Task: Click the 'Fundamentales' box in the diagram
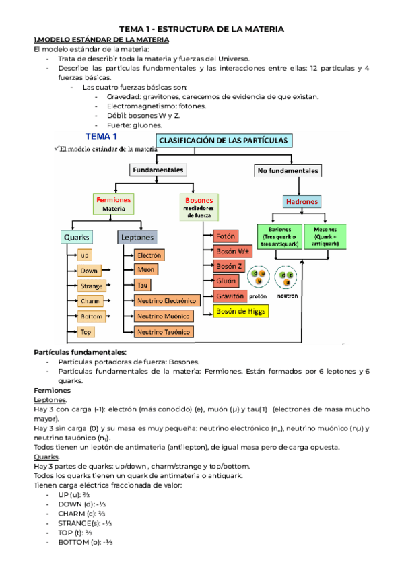coord(158,170)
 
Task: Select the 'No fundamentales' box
coord(288,171)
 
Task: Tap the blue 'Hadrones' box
coord(302,201)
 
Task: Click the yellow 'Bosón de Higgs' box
coord(241,311)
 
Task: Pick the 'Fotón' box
coord(226,236)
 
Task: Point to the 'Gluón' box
coord(226,281)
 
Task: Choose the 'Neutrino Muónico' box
coord(164,316)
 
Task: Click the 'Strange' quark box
coord(92,286)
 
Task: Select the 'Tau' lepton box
coord(143,285)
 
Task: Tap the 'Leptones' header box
coord(137,238)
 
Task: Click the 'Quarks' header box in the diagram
coord(77,238)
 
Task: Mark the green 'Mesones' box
coord(325,237)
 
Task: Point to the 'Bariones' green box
coord(280,237)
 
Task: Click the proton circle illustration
coord(259,277)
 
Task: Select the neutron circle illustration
coord(286,277)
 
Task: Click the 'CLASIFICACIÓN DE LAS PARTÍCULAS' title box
coord(224,141)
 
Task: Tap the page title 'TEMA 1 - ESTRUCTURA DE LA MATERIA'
coord(201,29)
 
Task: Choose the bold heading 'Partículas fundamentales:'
coord(80,353)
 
